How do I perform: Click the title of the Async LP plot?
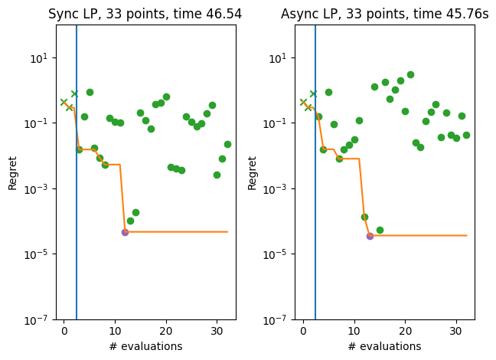click(x=385, y=14)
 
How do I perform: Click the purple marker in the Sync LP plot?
click(x=125, y=232)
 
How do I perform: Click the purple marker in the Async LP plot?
click(x=370, y=236)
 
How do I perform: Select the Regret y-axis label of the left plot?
click(x=12, y=172)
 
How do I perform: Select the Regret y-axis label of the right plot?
click(x=252, y=172)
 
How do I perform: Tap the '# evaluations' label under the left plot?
click(x=145, y=346)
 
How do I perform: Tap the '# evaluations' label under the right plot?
click(x=385, y=346)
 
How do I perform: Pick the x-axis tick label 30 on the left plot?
click(x=217, y=331)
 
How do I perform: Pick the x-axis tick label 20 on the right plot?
click(x=405, y=331)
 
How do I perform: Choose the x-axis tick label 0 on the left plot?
click(x=64, y=331)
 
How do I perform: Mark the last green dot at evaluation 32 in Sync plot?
click(x=227, y=144)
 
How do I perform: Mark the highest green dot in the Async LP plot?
click(x=410, y=74)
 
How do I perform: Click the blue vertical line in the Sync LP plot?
click(x=77, y=191)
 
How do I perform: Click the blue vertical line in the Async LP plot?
click(x=315, y=191)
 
